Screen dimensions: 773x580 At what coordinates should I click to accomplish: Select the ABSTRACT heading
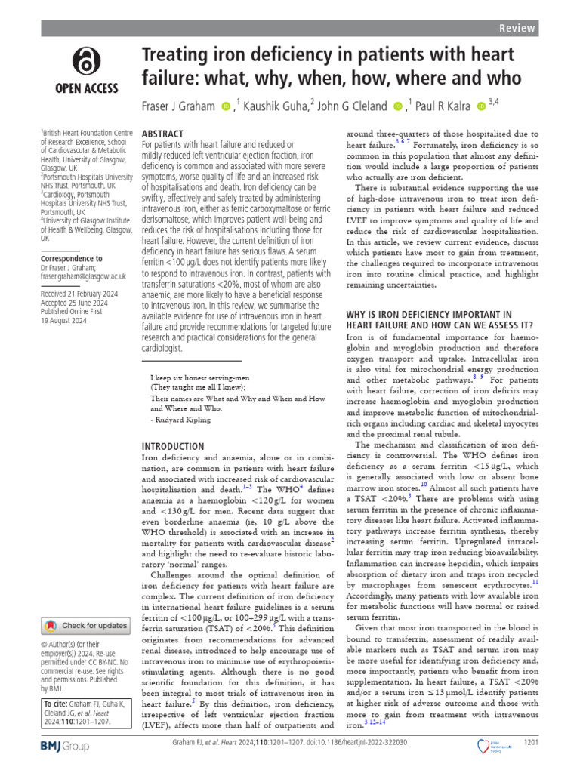[x=163, y=133]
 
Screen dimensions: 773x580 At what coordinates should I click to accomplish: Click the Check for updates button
[x=85, y=625]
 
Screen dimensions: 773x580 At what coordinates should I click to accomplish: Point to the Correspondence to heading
[x=71, y=258]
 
